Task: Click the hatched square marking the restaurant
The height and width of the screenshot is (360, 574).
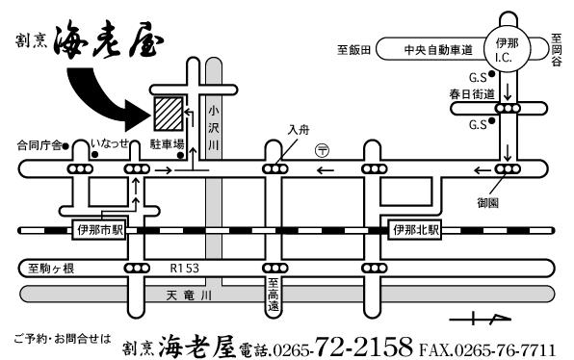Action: (x=168, y=114)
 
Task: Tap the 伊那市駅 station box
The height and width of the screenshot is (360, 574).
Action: (x=99, y=230)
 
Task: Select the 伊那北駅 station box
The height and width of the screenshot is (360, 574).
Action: (x=415, y=230)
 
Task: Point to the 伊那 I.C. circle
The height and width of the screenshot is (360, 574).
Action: (x=507, y=49)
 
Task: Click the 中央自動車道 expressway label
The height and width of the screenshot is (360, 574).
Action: (x=438, y=50)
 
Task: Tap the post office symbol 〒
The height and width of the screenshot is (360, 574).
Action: (x=322, y=150)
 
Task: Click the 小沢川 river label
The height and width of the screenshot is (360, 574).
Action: (x=214, y=128)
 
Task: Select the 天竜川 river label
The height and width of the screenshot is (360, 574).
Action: (x=189, y=296)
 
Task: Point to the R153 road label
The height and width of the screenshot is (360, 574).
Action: (x=185, y=269)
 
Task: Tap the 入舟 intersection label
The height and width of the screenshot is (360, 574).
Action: (x=299, y=130)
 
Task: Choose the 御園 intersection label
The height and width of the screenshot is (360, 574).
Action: (x=487, y=202)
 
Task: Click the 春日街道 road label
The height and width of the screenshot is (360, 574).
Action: (x=472, y=94)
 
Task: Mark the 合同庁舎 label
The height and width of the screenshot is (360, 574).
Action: (x=39, y=145)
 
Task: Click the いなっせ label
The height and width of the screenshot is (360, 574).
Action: (x=110, y=142)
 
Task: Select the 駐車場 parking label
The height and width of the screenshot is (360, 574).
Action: (x=167, y=144)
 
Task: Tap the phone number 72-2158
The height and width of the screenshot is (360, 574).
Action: (x=363, y=347)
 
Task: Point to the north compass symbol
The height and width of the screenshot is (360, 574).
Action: (x=480, y=320)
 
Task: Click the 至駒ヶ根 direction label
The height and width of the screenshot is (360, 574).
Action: (x=51, y=269)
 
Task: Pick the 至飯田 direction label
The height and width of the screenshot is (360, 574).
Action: (x=354, y=50)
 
